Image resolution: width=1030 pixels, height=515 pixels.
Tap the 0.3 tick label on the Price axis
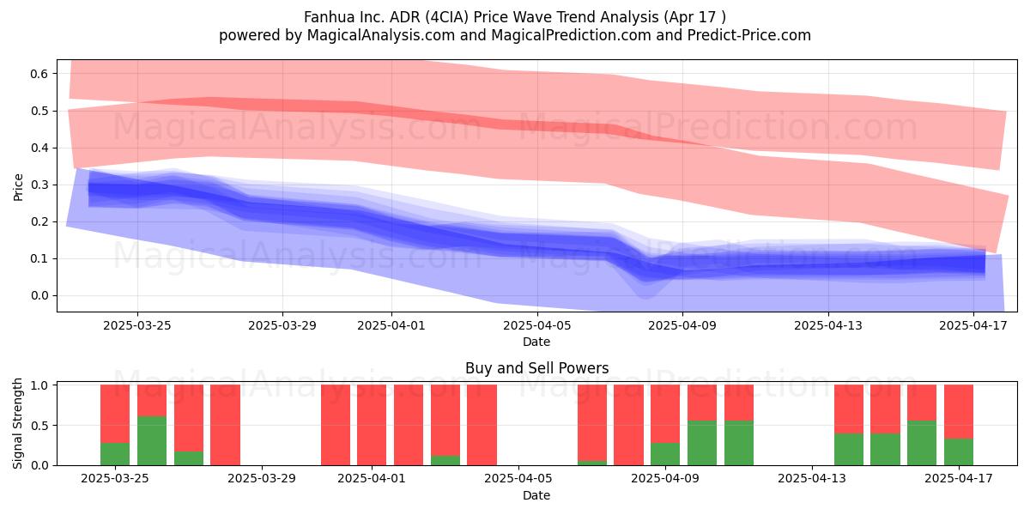(39, 185)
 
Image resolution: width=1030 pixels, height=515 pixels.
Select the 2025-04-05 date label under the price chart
(537, 325)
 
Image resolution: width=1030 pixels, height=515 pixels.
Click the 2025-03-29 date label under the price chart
(282, 325)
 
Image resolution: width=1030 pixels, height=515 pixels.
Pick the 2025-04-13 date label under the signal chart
(812, 479)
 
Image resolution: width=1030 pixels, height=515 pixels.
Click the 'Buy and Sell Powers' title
(536, 368)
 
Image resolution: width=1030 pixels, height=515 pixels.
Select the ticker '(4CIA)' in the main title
(446, 17)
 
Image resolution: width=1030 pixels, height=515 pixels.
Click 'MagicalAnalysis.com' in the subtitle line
(381, 35)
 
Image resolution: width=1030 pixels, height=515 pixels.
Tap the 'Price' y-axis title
(18, 187)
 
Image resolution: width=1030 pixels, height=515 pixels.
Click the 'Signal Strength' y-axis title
(17, 423)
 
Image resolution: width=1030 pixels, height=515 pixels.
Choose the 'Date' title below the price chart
(536, 342)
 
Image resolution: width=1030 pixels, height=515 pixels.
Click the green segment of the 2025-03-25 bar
(115, 454)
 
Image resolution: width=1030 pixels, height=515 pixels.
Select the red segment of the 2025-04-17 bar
(959, 411)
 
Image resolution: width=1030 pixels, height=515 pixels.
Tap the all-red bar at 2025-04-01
(372, 425)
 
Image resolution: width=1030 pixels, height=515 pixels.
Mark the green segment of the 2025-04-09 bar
(665, 454)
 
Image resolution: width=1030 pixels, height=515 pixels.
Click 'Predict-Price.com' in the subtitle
(749, 35)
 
